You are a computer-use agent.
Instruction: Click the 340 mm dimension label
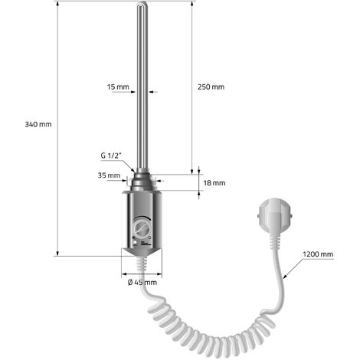pyautogui.click(x=38, y=125)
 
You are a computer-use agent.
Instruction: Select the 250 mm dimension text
pyautogui.click(x=211, y=87)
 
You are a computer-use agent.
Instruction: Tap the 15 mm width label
pyautogui.click(x=118, y=87)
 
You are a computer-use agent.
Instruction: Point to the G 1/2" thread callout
pyautogui.click(x=110, y=155)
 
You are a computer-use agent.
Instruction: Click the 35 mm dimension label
pyautogui.click(x=109, y=175)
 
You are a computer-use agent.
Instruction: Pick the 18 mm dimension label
pyautogui.click(x=214, y=183)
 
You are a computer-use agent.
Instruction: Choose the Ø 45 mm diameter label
pyautogui.click(x=142, y=282)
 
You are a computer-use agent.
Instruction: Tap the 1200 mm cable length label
pyautogui.click(x=318, y=254)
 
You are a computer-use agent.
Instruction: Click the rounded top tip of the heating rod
pyautogui.click(x=142, y=3)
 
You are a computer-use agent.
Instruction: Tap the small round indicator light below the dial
pyautogui.click(x=135, y=242)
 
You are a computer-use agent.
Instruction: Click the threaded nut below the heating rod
pyautogui.click(x=142, y=181)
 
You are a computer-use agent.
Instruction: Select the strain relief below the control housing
pyautogui.click(x=142, y=263)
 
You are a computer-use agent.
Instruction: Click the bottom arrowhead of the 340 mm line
pyautogui.click(x=57, y=253)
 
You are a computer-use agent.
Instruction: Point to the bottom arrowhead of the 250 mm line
pyautogui.click(x=192, y=172)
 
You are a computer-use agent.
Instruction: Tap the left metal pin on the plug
pyautogui.click(x=258, y=216)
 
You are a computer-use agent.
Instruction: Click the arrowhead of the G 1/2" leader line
pyautogui.click(x=133, y=170)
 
